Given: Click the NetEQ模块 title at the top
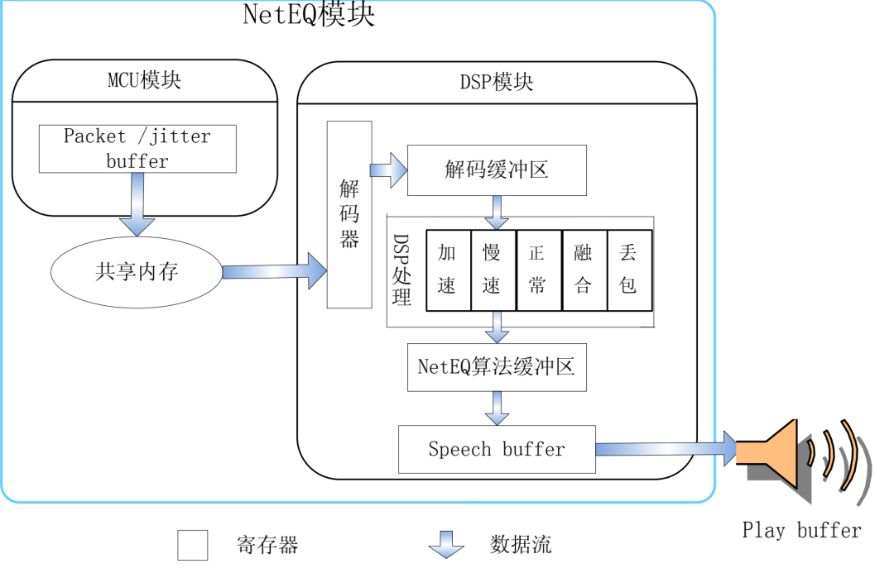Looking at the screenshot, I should pyautogui.click(x=308, y=15).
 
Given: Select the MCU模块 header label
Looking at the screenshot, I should pyautogui.click(x=144, y=81).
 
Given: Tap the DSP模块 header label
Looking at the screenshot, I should pyautogui.click(x=496, y=83).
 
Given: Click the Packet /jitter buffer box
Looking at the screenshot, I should pyautogui.click(x=137, y=149).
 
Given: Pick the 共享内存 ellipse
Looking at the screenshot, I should pyautogui.click(x=137, y=272).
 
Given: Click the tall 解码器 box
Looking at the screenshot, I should pyautogui.click(x=349, y=214).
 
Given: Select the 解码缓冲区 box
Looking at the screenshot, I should pyautogui.click(x=497, y=170).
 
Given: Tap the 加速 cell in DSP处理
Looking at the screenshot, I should pyautogui.click(x=448, y=270).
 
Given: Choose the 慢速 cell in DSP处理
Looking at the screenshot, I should pyautogui.click(x=493, y=270).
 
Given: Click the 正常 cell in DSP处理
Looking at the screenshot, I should pyautogui.click(x=538, y=270).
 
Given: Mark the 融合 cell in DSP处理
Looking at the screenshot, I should pyautogui.click(x=584, y=270).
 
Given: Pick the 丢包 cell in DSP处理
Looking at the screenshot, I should pyautogui.click(x=629, y=270).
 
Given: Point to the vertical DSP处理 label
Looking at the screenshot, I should pyautogui.click(x=402, y=270).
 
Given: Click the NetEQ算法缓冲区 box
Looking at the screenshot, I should pyautogui.click(x=497, y=367).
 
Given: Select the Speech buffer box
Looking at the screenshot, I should pyautogui.click(x=497, y=449).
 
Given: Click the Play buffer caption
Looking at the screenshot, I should pyautogui.click(x=801, y=531).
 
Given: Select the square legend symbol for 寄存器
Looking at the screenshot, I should pyautogui.click(x=193, y=545).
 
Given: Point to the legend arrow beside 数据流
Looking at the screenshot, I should pyautogui.click(x=446, y=544).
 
